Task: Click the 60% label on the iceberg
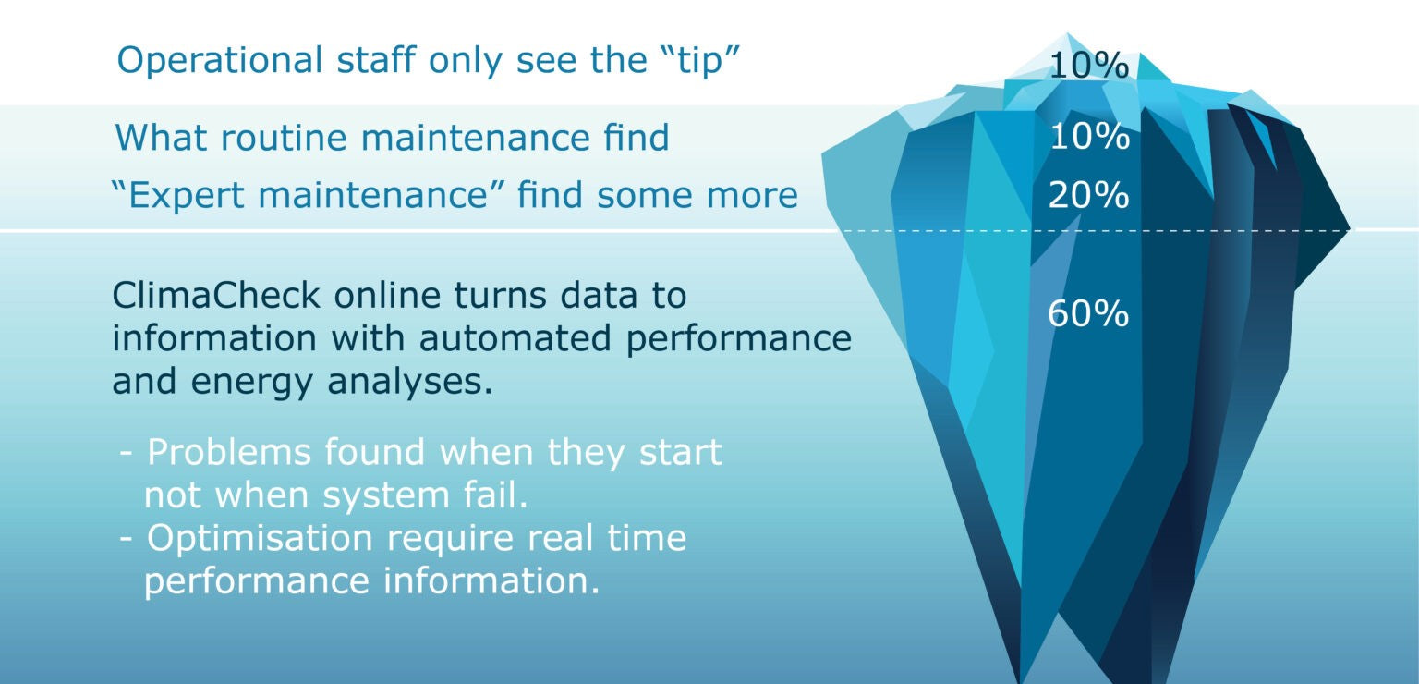(x=1087, y=314)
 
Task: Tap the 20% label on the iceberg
(x=1087, y=196)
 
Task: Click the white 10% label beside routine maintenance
(x=1088, y=138)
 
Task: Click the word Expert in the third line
(x=186, y=196)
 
